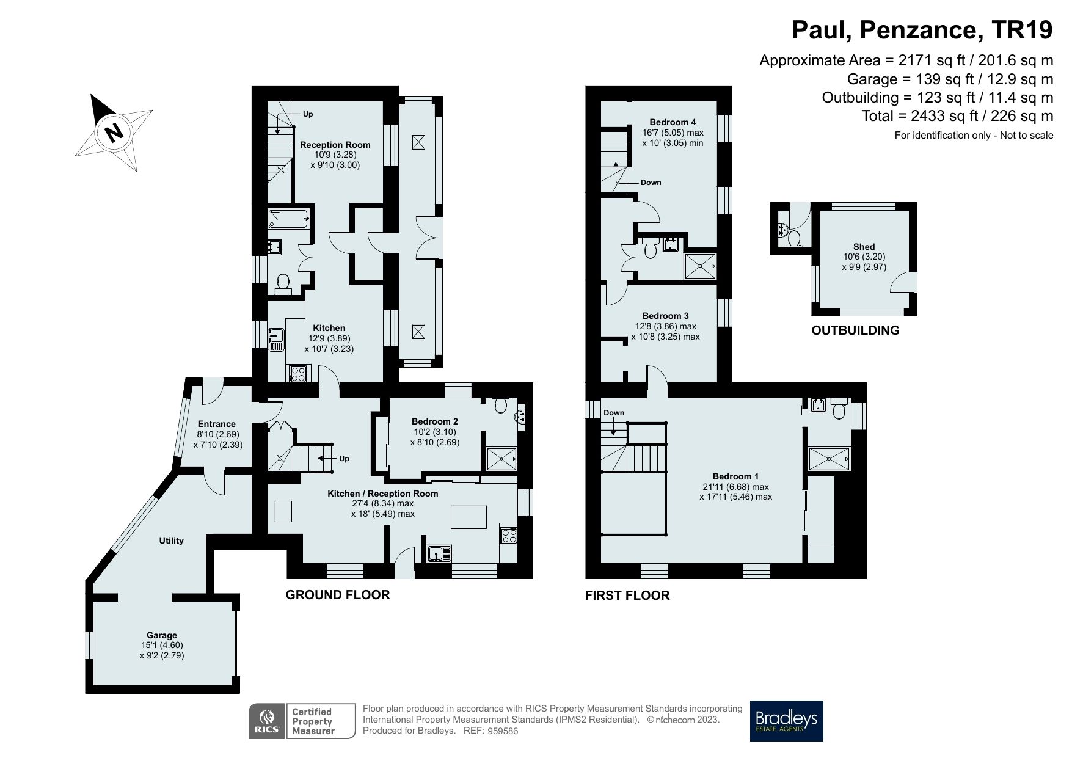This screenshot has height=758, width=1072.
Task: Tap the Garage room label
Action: pyautogui.click(x=161, y=635)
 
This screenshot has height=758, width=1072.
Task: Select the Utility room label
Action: pyautogui.click(x=171, y=541)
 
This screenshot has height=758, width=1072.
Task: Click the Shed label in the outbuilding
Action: pyautogui.click(x=864, y=247)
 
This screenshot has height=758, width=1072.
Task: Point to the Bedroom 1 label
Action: pyautogui.click(x=735, y=476)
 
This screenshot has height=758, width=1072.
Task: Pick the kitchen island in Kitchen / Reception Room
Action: pyautogui.click(x=469, y=517)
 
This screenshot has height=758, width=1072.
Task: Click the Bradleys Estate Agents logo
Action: pyautogui.click(x=786, y=721)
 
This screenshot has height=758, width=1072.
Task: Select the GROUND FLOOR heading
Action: pyautogui.click(x=338, y=594)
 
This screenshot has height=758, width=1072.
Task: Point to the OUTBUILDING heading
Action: pyautogui.click(x=855, y=330)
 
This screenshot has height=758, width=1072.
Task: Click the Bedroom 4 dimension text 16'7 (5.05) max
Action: pyautogui.click(x=673, y=133)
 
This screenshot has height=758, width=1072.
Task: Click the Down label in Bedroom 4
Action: pyautogui.click(x=651, y=183)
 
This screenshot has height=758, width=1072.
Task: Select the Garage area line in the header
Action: pyautogui.click(x=950, y=79)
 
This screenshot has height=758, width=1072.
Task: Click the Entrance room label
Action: pyautogui.click(x=217, y=424)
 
